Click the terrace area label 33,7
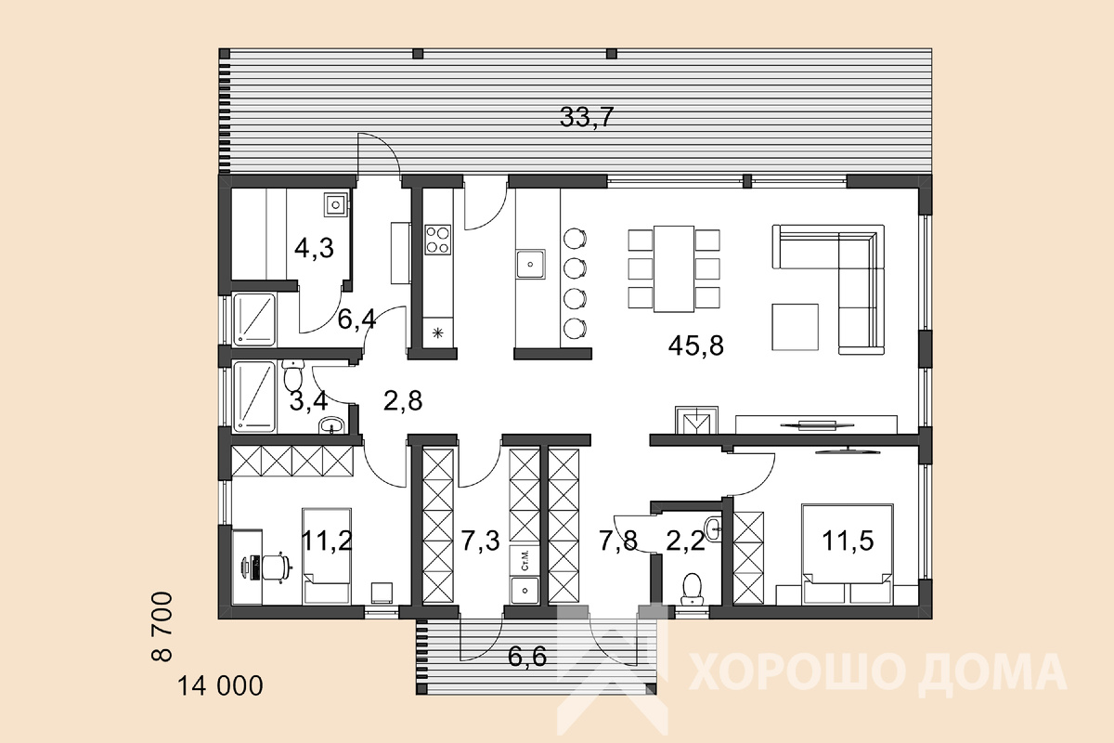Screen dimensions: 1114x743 [x=587, y=117]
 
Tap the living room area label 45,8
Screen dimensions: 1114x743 [x=695, y=345]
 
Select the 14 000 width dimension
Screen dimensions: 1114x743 [x=220, y=685]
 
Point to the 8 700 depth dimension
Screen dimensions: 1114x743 [x=162, y=626]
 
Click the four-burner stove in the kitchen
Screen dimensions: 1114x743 [x=437, y=240]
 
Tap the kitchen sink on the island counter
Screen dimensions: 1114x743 [x=530, y=264]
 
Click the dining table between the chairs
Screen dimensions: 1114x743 [x=673, y=268]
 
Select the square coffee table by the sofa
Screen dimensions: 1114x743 [x=795, y=327]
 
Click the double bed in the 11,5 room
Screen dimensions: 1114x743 [x=847, y=554]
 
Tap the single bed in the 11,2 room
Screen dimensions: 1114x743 [x=326, y=556]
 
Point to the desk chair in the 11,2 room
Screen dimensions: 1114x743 [x=273, y=567]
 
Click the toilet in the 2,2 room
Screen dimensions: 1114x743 [x=692, y=589]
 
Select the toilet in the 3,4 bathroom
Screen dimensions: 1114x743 [x=293, y=375]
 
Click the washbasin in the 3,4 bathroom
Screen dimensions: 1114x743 [x=331, y=425]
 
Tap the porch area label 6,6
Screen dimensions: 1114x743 [x=527, y=657]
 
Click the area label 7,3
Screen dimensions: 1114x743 [x=480, y=541]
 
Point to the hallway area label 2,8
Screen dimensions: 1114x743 [x=403, y=400]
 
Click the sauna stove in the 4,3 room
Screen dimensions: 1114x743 [x=336, y=204]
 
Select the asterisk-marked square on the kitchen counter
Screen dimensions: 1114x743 [x=437, y=332]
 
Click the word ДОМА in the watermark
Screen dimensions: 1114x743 [x=992, y=671]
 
